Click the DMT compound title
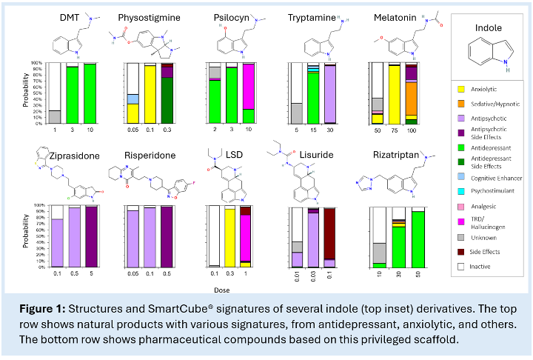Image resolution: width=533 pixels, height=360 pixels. click(x=71, y=17)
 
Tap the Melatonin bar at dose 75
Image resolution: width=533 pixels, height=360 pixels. click(x=395, y=94)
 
